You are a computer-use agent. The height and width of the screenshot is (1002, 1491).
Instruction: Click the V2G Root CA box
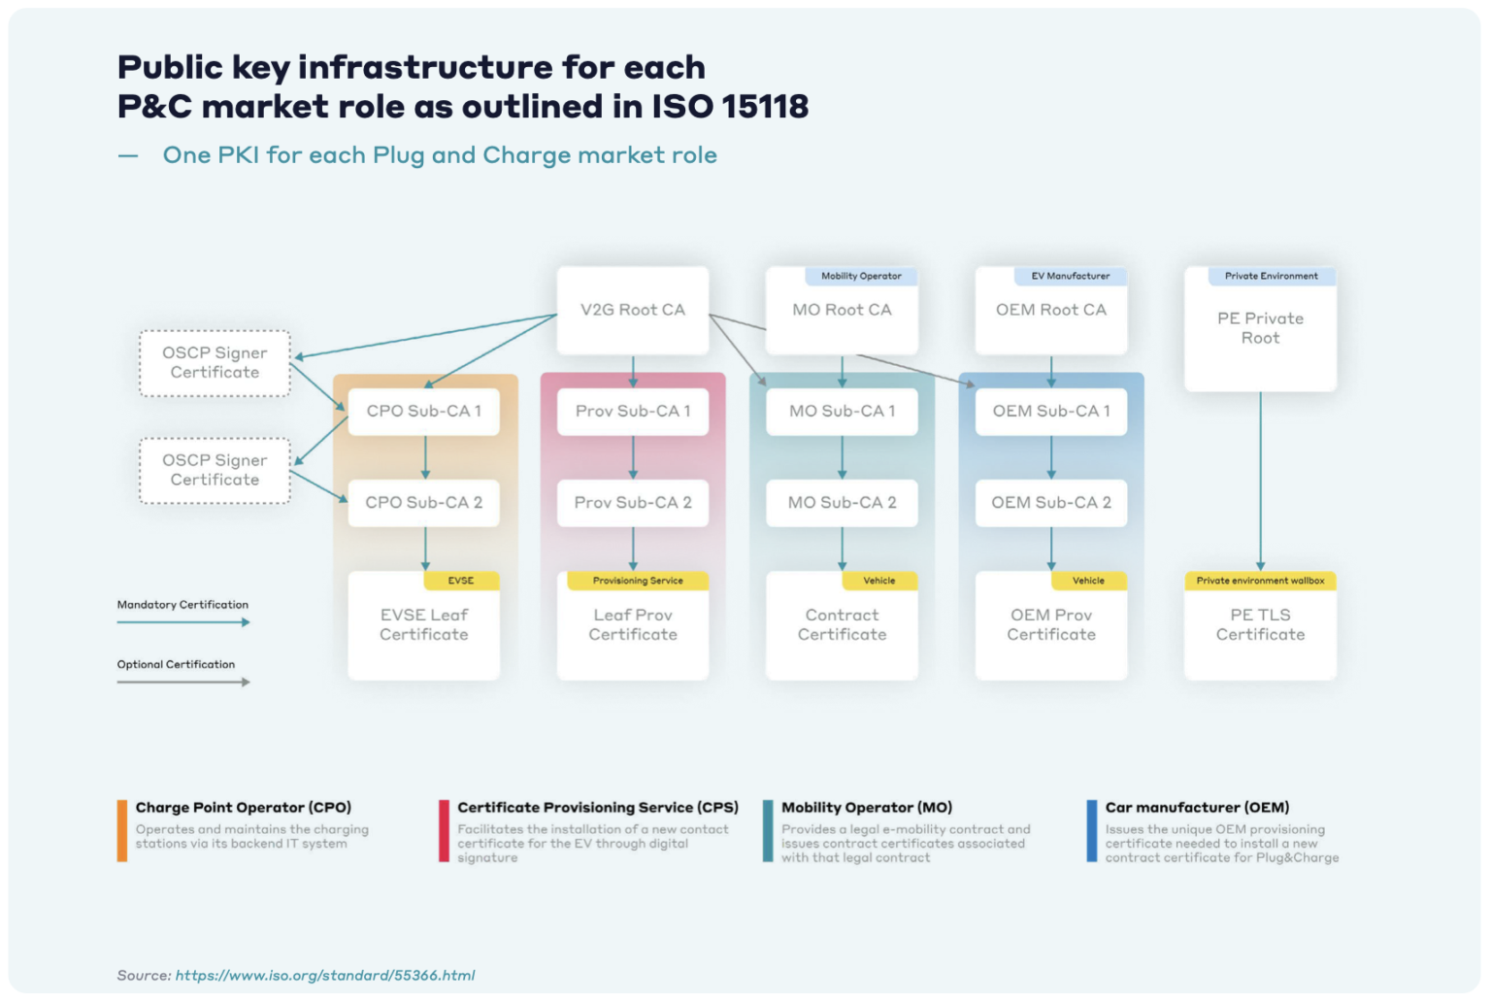(x=632, y=311)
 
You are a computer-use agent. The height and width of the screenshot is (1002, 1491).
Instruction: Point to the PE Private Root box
(x=1260, y=329)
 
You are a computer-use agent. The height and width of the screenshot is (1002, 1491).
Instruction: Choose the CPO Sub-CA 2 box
(x=423, y=503)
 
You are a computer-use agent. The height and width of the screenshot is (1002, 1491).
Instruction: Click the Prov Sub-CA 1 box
(x=633, y=412)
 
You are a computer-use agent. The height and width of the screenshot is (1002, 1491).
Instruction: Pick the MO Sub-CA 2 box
(x=842, y=503)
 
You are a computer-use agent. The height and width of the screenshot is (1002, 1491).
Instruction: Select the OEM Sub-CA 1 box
(x=1050, y=412)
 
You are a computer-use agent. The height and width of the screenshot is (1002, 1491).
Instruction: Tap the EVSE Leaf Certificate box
(x=423, y=627)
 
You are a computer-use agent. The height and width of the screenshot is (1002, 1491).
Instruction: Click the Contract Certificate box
(x=842, y=627)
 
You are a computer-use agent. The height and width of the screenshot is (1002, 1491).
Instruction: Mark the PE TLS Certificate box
(x=1260, y=627)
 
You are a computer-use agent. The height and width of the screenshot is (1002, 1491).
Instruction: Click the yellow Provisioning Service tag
(x=638, y=581)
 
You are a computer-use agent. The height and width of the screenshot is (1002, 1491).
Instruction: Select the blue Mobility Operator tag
(x=861, y=277)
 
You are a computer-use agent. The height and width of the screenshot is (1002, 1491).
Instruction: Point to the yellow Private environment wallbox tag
(x=1260, y=581)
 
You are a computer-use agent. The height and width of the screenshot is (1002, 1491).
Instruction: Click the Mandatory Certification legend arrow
(x=183, y=622)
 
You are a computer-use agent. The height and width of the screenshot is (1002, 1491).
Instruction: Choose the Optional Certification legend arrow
(x=183, y=683)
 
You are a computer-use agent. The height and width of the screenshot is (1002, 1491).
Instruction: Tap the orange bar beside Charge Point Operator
(x=122, y=830)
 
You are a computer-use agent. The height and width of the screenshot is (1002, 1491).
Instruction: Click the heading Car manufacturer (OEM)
(x=1197, y=808)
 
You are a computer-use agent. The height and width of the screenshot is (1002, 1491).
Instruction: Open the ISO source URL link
(x=325, y=976)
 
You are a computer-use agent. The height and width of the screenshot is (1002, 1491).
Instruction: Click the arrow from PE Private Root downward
(x=1260, y=481)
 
